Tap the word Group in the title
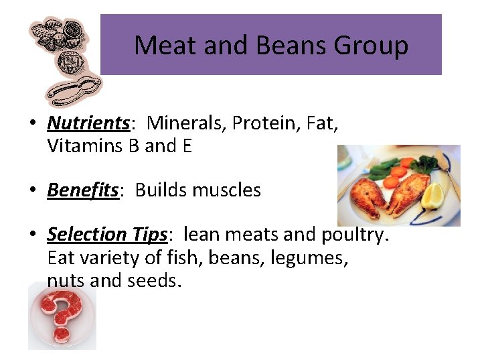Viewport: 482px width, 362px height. pyautogui.click(x=371, y=46)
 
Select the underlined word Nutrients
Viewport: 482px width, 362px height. pyautogui.click(x=88, y=123)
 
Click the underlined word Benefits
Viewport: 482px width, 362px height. pyautogui.click(x=82, y=190)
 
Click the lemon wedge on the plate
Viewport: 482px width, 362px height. pyautogui.click(x=434, y=196)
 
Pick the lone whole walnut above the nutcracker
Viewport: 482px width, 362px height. pyautogui.click(x=70, y=64)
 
